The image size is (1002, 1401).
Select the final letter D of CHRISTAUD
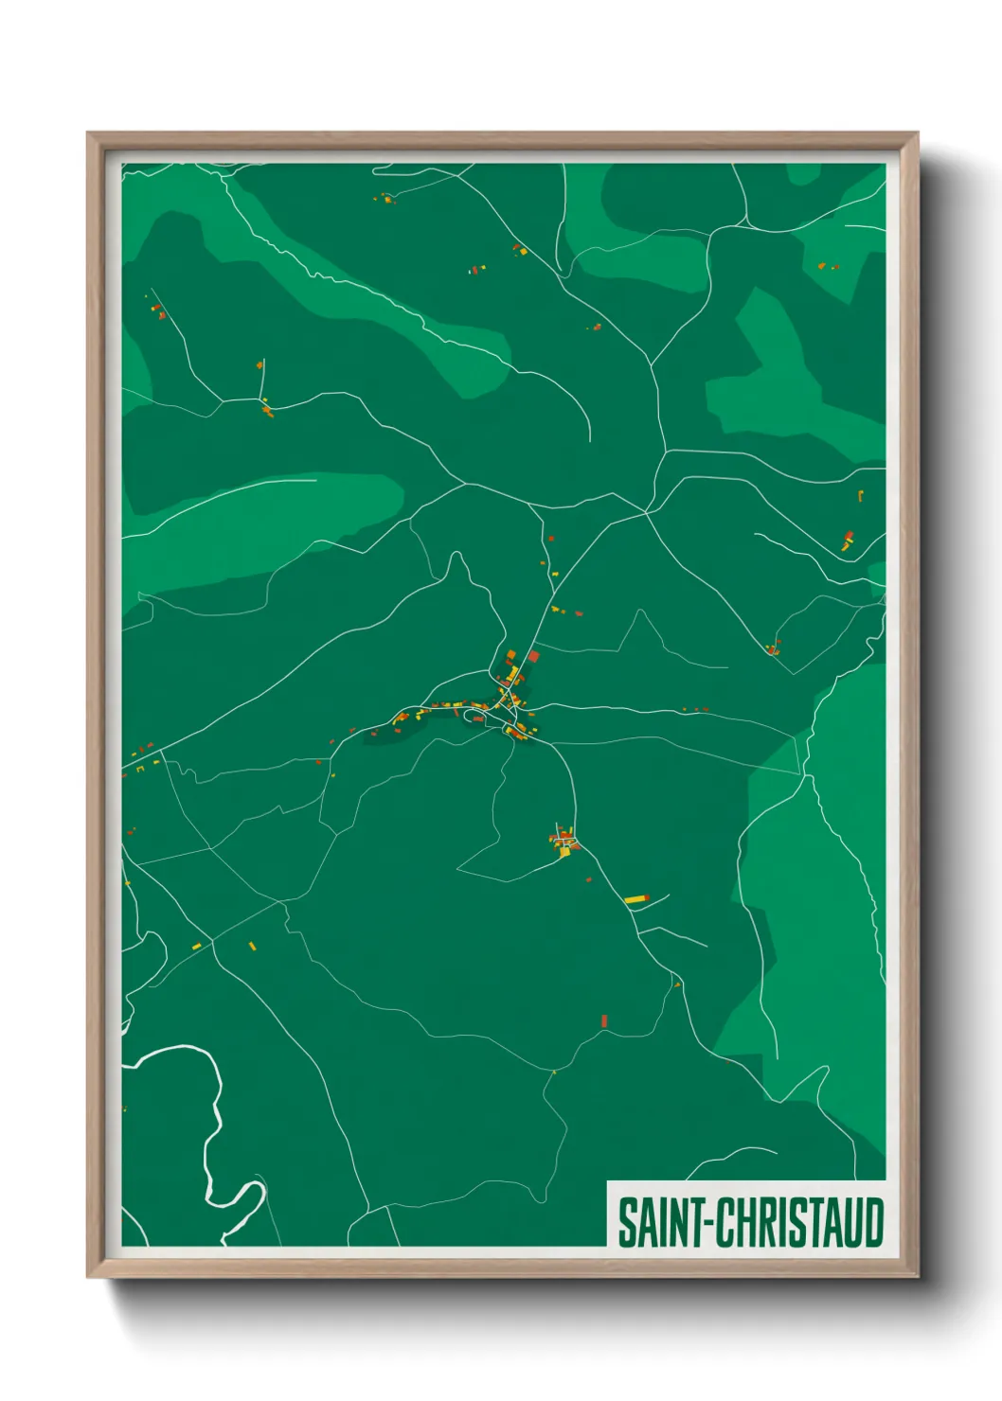pos(873,1222)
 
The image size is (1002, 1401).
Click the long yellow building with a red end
pos(635,898)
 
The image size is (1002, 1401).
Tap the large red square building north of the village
pos(533,656)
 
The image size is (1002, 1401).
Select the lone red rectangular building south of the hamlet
pos(604,1020)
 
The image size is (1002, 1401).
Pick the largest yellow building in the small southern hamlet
pos(565,851)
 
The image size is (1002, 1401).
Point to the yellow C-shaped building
pos(860,495)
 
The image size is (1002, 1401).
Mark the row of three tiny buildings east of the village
pos(697,709)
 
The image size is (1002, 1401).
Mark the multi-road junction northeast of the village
pos(647,512)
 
